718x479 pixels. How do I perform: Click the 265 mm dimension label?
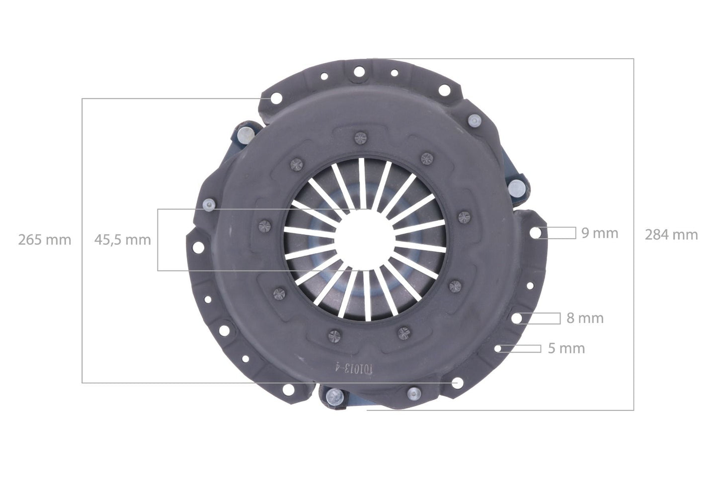(x=45, y=240)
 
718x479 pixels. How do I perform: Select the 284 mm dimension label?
(x=671, y=235)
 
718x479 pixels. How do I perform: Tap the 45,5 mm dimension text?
(x=123, y=240)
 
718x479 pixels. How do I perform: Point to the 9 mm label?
(x=600, y=233)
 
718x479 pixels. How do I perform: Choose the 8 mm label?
(x=585, y=318)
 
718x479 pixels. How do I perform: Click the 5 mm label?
(x=566, y=349)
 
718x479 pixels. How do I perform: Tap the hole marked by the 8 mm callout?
(x=518, y=318)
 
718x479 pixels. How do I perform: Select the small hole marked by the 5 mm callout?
(x=498, y=348)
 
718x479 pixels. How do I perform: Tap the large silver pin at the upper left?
(x=245, y=133)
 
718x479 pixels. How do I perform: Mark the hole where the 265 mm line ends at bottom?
(x=457, y=383)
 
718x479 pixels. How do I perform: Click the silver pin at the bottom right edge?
(x=413, y=394)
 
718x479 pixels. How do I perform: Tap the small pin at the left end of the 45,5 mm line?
(x=208, y=204)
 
